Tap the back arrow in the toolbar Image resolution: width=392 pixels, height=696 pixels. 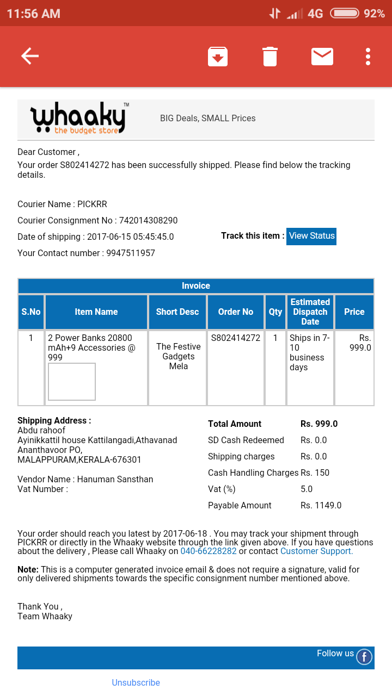30,56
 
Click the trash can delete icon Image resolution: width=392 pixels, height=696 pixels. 270,57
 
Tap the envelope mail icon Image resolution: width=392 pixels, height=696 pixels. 322,57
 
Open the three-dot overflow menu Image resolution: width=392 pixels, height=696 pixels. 368,57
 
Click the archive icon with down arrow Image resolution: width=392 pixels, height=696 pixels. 218,57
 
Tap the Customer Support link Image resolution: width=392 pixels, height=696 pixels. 316,551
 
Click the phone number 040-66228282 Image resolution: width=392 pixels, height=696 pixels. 209,551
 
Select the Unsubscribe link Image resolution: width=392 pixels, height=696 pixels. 136,682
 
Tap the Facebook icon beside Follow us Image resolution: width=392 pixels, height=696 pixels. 364,657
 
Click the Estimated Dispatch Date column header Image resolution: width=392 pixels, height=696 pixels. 310,312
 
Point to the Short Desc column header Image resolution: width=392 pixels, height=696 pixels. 177,312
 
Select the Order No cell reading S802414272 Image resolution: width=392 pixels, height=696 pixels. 236,338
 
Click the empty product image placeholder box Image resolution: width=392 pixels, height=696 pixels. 72,382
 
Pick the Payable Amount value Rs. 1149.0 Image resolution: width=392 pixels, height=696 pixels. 321,505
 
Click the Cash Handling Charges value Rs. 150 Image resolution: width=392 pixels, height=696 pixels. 315,473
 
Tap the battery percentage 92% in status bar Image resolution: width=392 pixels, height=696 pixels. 374,14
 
